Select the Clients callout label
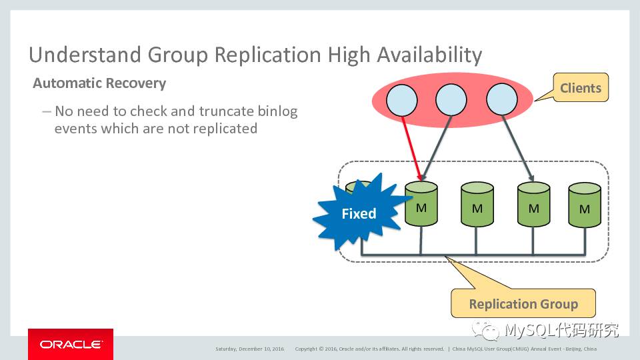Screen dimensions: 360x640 tap(580, 88)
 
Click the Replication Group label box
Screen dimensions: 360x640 tap(523, 304)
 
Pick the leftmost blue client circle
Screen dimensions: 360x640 tap(401, 101)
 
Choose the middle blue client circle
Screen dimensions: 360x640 tap(451, 101)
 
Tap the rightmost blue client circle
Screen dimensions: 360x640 tap(501, 101)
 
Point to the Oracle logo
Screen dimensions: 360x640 tap(71, 345)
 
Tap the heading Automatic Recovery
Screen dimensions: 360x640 tap(99, 83)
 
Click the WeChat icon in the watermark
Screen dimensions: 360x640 tap(487, 330)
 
